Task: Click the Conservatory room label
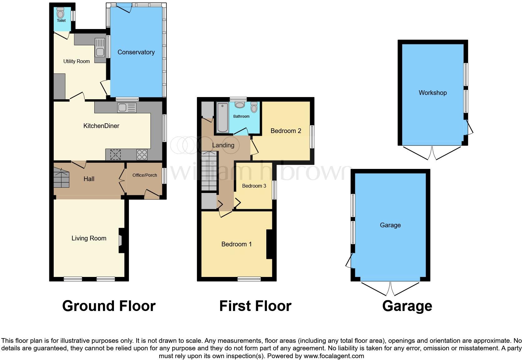click(x=136, y=52)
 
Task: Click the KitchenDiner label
click(x=101, y=126)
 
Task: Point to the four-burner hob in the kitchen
click(x=142, y=155)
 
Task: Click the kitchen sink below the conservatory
click(x=126, y=108)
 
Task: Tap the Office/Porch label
click(x=145, y=175)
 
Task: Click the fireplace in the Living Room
click(x=121, y=240)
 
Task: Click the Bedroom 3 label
click(x=254, y=186)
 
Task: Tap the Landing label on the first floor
click(x=223, y=145)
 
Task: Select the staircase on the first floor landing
click(x=209, y=171)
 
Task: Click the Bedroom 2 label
click(x=286, y=131)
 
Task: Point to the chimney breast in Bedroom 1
click(x=269, y=244)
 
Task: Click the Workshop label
click(x=432, y=93)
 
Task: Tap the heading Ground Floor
click(x=109, y=306)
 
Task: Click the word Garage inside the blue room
click(x=390, y=225)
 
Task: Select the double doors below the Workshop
click(x=432, y=153)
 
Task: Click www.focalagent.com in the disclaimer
click(x=333, y=356)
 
